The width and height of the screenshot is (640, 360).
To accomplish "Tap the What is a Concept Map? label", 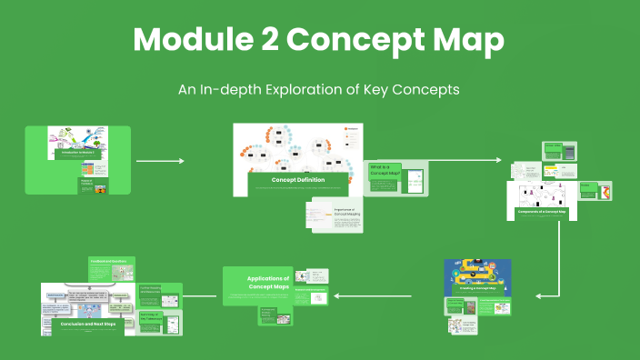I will (385, 171).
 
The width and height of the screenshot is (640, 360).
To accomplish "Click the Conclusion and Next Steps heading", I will (88, 323).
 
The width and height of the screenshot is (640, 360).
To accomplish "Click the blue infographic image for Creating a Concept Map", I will (477, 278).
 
